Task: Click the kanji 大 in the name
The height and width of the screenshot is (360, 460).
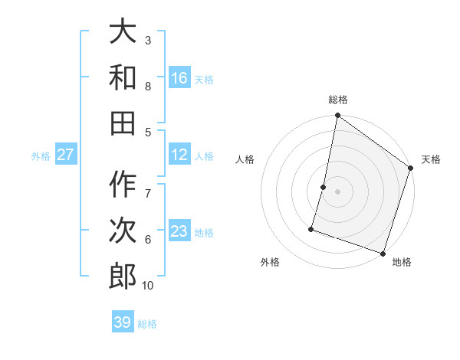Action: click(123, 32)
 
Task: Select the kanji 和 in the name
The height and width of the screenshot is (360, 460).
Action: click(123, 77)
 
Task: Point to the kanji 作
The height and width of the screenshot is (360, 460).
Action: click(123, 184)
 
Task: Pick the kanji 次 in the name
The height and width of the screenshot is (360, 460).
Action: click(123, 229)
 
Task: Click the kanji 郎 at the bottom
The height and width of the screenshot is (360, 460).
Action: click(123, 274)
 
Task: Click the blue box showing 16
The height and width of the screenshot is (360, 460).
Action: click(179, 77)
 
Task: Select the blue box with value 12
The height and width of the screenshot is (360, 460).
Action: click(179, 155)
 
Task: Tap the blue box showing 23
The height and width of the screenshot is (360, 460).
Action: click(179, 231)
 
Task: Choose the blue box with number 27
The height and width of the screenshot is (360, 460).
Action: click(65, 155)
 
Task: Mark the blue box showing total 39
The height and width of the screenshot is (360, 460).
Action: click(123, 322)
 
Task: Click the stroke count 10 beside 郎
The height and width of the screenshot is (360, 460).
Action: click(148, 286)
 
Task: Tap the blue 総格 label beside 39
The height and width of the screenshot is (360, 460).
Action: click(148, 324)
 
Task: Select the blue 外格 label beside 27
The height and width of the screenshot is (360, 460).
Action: click(41, 156)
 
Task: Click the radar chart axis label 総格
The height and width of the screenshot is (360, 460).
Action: click(337, 100)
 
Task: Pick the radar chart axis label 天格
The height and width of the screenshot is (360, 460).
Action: click(431, 159)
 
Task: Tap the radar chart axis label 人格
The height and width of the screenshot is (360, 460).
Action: click(245, 159)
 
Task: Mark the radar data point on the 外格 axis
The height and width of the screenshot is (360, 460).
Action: click(311, 229)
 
